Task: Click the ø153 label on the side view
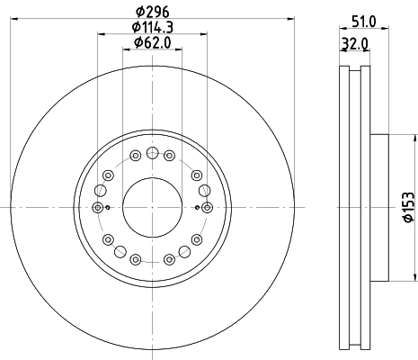408,207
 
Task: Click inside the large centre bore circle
153,207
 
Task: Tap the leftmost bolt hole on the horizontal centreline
98,207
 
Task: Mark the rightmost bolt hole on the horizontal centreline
208,207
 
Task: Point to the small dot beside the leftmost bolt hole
108,208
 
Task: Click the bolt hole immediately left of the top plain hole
135,155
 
